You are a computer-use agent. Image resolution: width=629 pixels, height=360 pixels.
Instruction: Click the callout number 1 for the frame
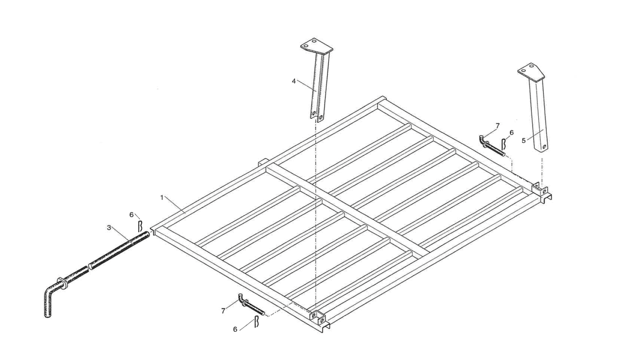pyautogui.click(x=162, y=197)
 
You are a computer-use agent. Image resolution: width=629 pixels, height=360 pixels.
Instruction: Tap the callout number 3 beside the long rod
pyautogui.click(x=109, y=227)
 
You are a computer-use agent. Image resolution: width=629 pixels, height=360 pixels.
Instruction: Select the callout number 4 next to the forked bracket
pyautogui.click(x=294, y=81)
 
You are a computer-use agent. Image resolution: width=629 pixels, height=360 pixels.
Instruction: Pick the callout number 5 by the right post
pyautogui.click(x=524, y=140)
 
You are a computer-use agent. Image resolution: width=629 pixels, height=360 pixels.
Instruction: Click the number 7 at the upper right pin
pyautogui.click(x=498, y=126)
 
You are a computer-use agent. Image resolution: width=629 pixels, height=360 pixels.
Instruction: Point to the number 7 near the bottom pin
pyautogui.click(x=223, y=311)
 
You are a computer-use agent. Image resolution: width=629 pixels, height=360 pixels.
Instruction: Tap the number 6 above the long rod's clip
pyautogui.click(x=131, y=214)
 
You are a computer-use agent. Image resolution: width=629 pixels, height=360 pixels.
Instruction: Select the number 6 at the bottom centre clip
pyautogui.click(x=235, y=330)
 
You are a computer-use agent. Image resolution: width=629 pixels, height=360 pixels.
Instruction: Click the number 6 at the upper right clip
pyautogui.click(x=512, y=133)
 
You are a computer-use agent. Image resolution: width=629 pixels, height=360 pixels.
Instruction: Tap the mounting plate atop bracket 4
pyautogui.click(x=316, y=46)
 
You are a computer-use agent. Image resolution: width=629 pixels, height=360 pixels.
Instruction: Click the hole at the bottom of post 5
pyautogui.click(x=544, y=147)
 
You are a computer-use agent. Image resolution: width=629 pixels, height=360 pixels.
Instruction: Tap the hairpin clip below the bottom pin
pyautogui.click(x=256, y=322)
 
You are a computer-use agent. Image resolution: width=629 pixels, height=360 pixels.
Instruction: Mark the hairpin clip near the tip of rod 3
pyautogui.click(x=140, y=226)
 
